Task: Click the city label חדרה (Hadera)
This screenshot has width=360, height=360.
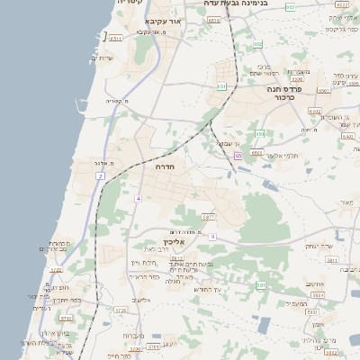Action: click(164, 166)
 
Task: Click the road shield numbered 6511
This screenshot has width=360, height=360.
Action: click(115, 38)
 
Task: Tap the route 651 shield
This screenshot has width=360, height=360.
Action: click(222, 86)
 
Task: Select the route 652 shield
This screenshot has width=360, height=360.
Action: click(258, 44)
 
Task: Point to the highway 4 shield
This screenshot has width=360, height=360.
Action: click(139, 197)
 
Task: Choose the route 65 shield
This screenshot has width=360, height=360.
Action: click(238, 156)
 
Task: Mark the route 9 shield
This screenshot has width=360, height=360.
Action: click(212, 236)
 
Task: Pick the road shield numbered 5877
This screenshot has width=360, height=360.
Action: click(208, 217)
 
